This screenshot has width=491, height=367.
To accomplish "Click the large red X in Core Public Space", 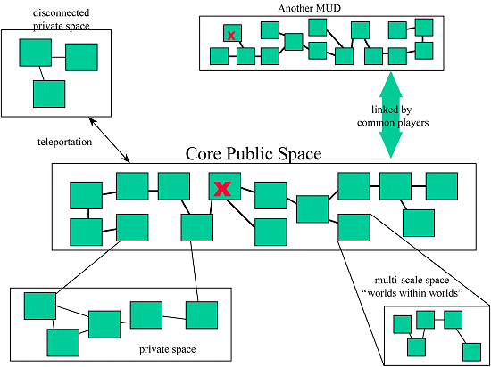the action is point(222,189).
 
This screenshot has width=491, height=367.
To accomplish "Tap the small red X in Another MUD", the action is point(231,36).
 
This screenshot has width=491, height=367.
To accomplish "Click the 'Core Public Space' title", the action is point(254,154).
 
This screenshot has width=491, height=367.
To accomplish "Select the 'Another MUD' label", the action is point(310,8).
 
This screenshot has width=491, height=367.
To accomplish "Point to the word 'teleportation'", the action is point(65,143).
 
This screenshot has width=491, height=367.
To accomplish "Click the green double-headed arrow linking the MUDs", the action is point(390,115).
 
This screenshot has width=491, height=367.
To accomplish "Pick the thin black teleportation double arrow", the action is point(109,140).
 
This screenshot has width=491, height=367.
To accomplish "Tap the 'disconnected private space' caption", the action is point(62,20).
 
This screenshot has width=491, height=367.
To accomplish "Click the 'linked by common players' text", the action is point(393,116).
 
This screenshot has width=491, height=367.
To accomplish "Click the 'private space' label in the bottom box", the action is point(168,349).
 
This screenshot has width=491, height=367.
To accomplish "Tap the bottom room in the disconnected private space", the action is point(49,94).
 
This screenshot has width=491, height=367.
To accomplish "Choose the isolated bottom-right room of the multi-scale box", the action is point(472,353).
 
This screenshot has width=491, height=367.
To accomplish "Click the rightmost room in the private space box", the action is point(202,314).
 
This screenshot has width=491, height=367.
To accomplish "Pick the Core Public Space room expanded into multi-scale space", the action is point(354,227).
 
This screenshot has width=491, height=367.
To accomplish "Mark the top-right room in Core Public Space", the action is point(442,186).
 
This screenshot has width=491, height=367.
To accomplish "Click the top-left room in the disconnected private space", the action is point(36,53).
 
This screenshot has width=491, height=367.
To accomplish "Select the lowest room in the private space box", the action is point(63,343).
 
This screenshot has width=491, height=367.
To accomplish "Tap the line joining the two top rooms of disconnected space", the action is point(59,57).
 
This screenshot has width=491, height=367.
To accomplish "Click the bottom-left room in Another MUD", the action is point(220,56).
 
